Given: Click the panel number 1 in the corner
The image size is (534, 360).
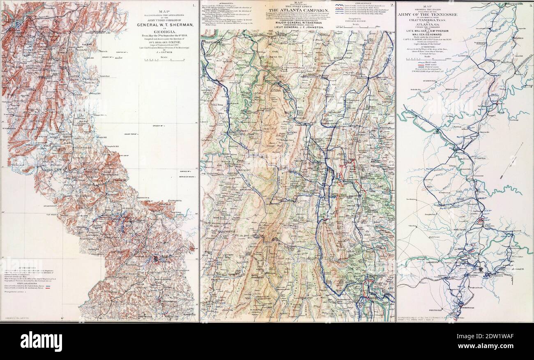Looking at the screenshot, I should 193,5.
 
